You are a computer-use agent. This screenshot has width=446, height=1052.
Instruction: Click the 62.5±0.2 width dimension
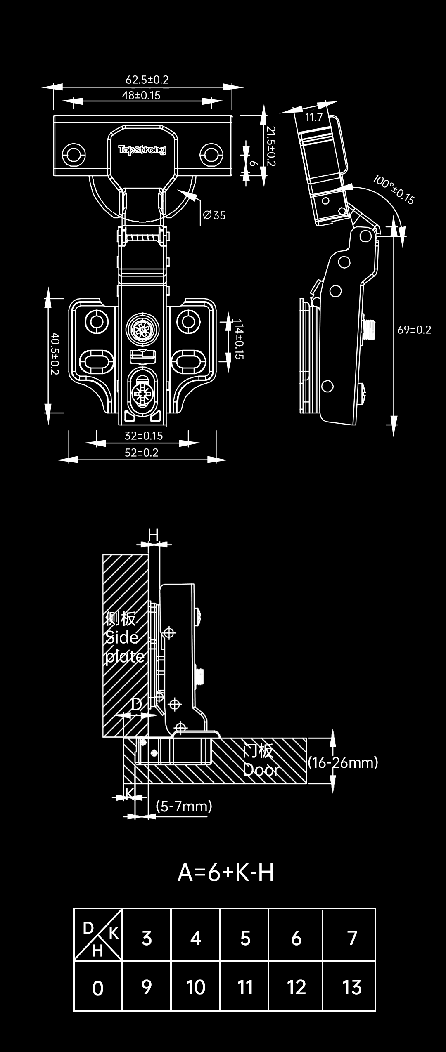pyautogui.click(x=147, y=79)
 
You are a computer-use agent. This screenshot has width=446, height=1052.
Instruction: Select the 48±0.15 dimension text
pyautogui.click(x=141, y=95)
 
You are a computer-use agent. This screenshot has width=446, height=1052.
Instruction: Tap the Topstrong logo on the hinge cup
pyautogui.click(x=142, y=149)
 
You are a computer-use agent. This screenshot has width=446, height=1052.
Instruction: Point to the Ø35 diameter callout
pyautogui.click(x=215, y=215)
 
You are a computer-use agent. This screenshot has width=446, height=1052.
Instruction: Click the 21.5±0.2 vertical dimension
pyautogui.click(x=271, y=146)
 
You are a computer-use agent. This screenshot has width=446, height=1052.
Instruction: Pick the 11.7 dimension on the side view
pyautogui.click(x=313, y=118)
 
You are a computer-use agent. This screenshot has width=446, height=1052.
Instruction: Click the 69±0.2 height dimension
pyautogui.click(x=414, y=330)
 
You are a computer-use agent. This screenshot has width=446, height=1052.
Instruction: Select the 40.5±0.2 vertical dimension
pyautogui.click(x=55, y=354)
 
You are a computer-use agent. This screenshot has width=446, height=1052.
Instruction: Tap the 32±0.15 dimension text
pyautogui.click(x=143, y=436)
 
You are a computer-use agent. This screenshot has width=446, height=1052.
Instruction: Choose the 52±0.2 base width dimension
pyautogui.click(x=142, y=453)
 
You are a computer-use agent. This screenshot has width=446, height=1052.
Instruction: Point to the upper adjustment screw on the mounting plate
pyautogui.click(x=142, y=328)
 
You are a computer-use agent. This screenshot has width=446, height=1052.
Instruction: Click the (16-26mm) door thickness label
pyautogui.click(x=343, y=762)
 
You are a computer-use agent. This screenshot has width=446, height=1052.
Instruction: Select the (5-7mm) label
pyautogui.click(x=184, y=806)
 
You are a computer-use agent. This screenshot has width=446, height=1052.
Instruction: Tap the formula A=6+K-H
pyautogui.click(x=225, y=873)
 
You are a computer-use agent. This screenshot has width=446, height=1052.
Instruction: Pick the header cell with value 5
pyautogui.click(x=245, y=938)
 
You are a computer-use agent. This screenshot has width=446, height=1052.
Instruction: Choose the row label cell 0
pyautogui.click(x=98, y=988)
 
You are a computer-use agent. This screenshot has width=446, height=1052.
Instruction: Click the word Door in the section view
pyautogui.click(x=261, y=769)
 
